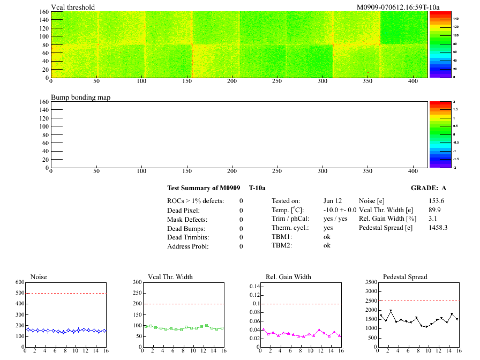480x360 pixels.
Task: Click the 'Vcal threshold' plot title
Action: point(73,7)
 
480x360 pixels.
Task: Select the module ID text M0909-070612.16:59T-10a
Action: point(397,7)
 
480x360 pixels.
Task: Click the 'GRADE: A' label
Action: point(429,188)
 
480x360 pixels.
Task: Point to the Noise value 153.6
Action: point(437,201)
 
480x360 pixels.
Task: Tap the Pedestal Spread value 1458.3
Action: point(438,228)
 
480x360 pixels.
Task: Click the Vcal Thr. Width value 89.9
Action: point(434,210)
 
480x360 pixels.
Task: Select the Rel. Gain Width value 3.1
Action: point(433,219)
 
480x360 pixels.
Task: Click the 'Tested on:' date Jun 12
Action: point(333,201)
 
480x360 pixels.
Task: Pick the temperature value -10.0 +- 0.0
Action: point(340,210)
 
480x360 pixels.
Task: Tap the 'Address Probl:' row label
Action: point(188,246)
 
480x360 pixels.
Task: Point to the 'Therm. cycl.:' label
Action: point(289,228)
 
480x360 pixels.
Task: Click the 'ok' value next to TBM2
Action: point(327,245)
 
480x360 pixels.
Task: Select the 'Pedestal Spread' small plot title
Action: point(405,277)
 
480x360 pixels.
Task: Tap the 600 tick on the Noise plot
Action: point(20,282)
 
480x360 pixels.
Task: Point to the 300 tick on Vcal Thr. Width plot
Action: point(137,282)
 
